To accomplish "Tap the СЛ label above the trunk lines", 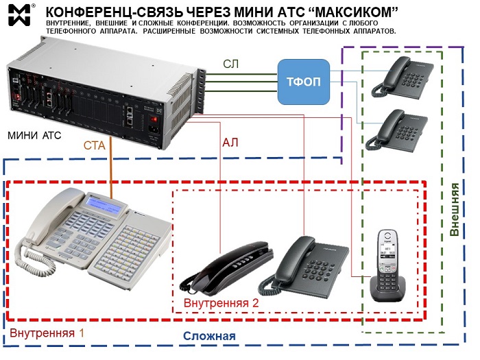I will (x=232, y=64).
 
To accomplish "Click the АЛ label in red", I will (x=231, y=143).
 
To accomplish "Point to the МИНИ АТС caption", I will (x=34, y=135).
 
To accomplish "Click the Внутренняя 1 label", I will (x=47, y=333).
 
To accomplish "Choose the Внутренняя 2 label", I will (x=221, y=302).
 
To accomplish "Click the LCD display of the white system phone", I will (x=107, y=204).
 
